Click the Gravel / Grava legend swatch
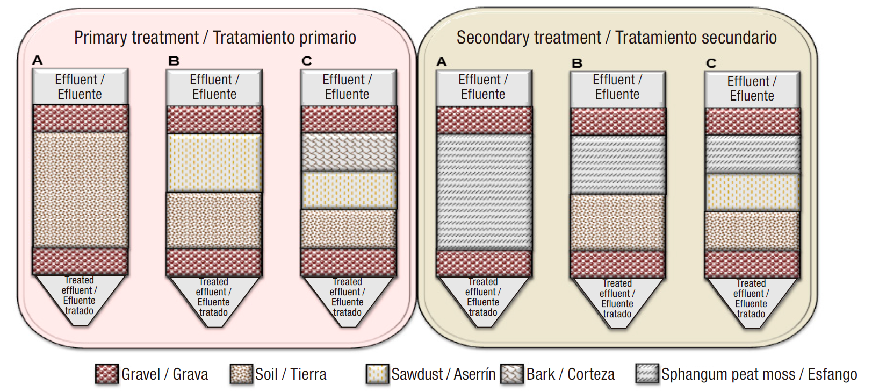click(x=106, y=374)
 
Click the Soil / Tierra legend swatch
click(x=241, y=374)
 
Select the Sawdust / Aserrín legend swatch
click(x=377, y=374)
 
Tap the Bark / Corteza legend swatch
click(x=512, y=374)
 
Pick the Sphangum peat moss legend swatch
click(x=647, y=373)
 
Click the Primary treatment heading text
click(x=215, y=38)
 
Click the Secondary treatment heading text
click(x=616, y=38)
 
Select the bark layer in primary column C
click(x=349, y=152)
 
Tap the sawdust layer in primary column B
click(x=214, y=163)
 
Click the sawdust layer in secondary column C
click(x=752, y=192)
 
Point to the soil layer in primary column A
click(x=81, y=190)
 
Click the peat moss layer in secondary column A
click(x=484, y=192)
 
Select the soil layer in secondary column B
click(x=617, y=222)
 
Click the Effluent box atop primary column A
click(x=80, y=87)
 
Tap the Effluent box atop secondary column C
click(x=752, y=89)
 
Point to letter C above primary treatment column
click(x=307, y=61)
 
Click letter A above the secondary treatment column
click(x=442, y=62)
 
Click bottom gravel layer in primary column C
click(x=349, y=262)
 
